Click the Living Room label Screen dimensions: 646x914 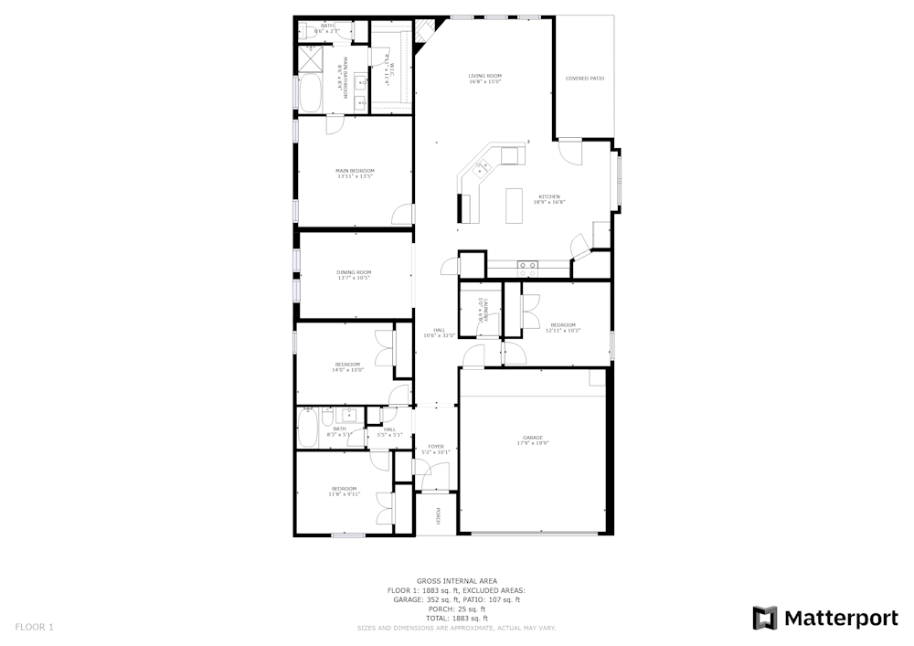point(485,76)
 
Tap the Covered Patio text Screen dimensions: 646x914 point(585,79)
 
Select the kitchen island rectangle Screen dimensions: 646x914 point(514,206)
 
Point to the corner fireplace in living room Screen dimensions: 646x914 point(422,34)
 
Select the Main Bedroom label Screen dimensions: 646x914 point(355,170)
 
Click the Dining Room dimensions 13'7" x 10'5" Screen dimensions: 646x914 point(354,277)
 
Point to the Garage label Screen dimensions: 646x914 point(533,438)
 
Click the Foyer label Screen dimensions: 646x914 point(436,446)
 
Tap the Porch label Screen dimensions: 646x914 point(438,516)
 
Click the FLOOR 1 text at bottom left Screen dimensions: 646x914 point(35,627)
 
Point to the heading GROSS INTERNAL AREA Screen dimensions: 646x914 point(457,581)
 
